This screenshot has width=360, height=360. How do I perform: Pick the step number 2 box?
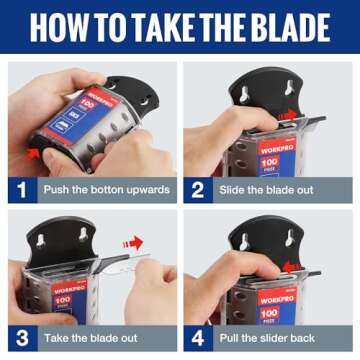click(x=199, y=188)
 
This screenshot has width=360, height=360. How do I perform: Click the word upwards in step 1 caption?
click(x=145, y=188)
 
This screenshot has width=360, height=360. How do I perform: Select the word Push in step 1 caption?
click(x=55, y=188)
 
